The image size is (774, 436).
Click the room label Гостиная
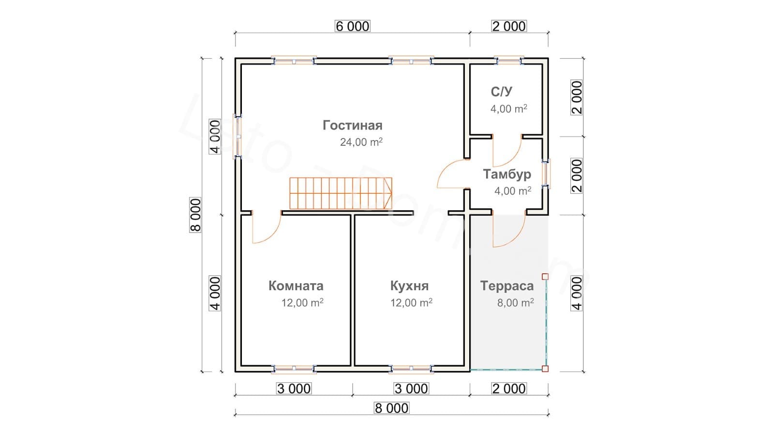pos(352,125)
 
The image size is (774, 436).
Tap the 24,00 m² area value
pos(361,142)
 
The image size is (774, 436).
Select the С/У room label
pos(501,92)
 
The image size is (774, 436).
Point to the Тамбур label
pos(506,174)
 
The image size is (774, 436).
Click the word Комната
pos(296,286)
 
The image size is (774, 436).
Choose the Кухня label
pos(409,286)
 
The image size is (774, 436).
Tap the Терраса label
pos(506,286)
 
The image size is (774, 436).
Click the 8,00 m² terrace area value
pos(515,303)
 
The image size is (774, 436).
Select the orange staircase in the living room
pos(341,193)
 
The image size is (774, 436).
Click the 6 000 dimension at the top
pos(352,26)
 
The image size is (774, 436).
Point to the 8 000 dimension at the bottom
pos(391,408)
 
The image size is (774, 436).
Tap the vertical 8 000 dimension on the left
pos(195,215)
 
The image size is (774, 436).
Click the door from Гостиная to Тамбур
pos(452,174)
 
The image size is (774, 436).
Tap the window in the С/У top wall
pos(508,61)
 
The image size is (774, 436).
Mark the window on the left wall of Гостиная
pos(238,136)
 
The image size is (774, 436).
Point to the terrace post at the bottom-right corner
pos(545,369)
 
